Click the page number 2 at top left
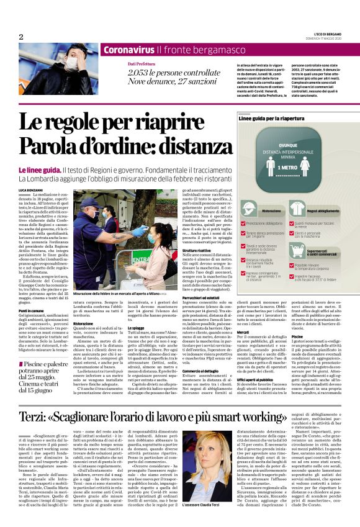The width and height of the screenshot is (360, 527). pos(20,37)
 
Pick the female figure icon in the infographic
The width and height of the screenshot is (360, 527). pos(305,168)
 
